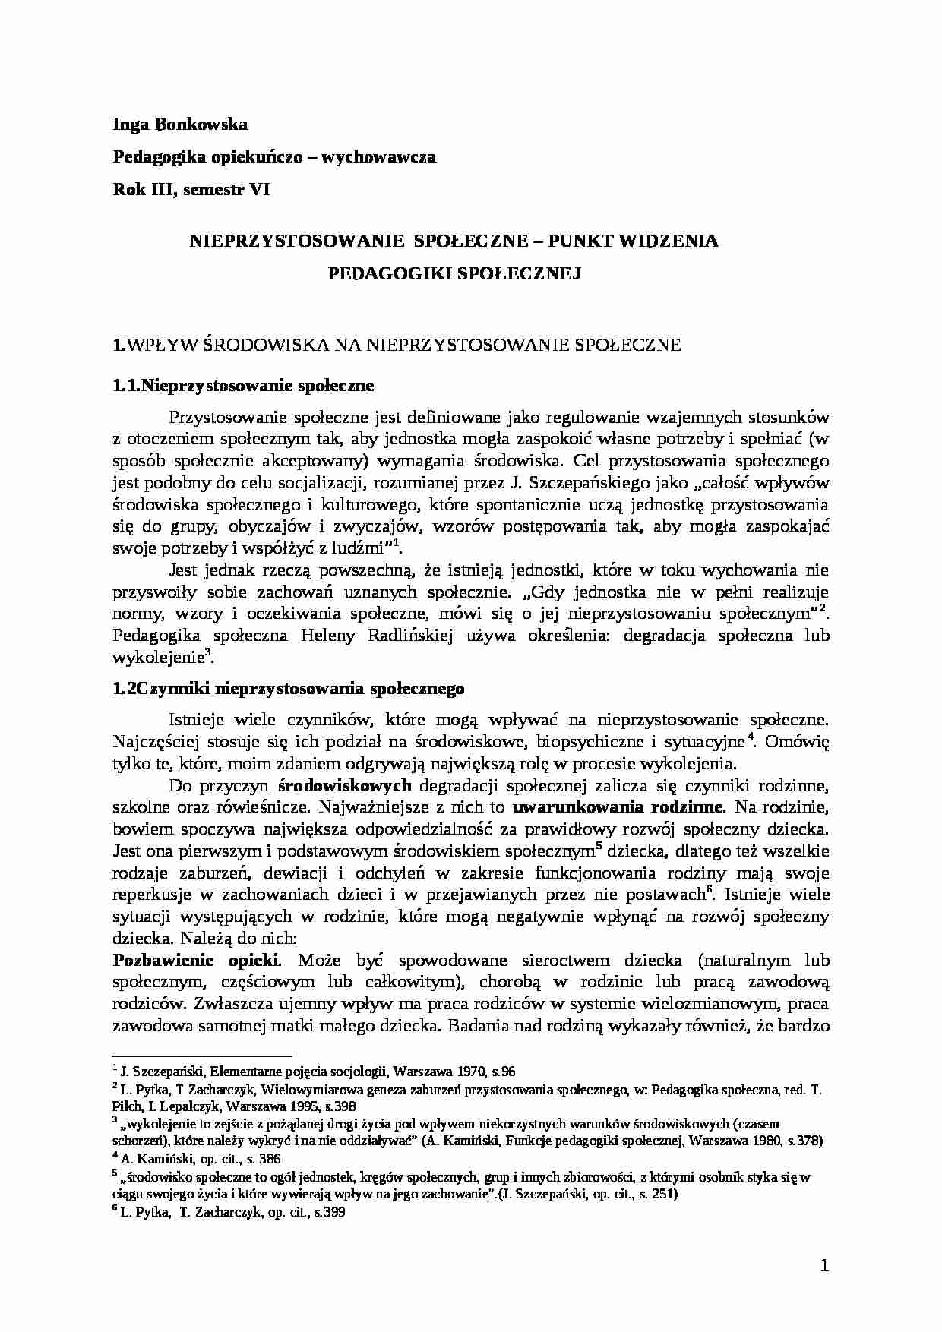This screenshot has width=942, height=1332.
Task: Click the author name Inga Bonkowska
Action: point(179,123)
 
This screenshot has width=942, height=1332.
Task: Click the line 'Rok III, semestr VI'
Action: point(191,190)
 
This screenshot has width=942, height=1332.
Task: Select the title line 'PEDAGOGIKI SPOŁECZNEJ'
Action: point(454,273)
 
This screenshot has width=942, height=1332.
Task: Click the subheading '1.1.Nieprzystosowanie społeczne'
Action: point(243,386)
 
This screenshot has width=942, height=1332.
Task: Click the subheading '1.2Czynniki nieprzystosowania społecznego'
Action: point(288,689)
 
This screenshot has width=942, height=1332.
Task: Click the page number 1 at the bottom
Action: point(824,1266)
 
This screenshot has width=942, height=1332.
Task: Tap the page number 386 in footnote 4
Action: point(269,1159)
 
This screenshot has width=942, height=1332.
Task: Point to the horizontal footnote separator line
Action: point(202,1055)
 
